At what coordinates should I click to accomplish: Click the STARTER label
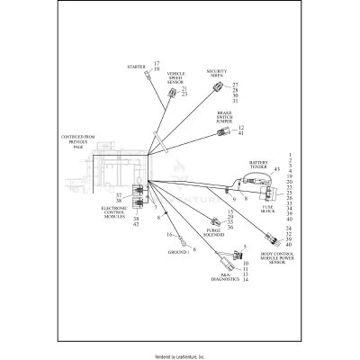pos(137,67)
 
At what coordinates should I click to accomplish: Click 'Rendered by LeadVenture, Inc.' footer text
pos(180,355)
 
